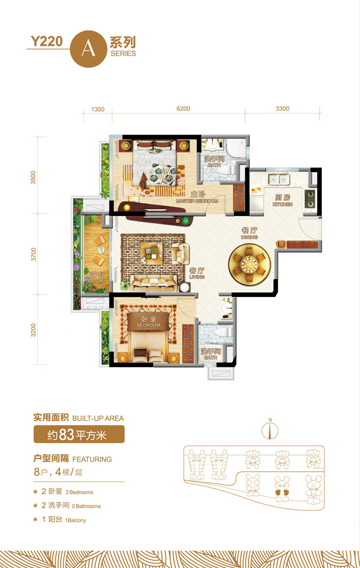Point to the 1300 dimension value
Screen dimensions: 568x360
97,109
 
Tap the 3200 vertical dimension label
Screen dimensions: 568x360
33,330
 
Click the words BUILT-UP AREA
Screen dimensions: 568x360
98,418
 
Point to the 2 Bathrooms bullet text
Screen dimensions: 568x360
71,506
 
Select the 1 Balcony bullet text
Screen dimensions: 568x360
64,520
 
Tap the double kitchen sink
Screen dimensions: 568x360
278,179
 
